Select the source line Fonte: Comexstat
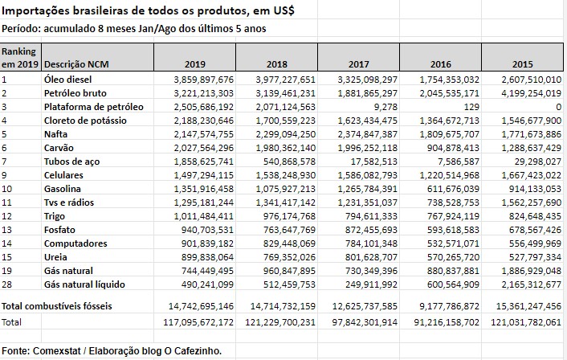(x=112, y=350)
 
